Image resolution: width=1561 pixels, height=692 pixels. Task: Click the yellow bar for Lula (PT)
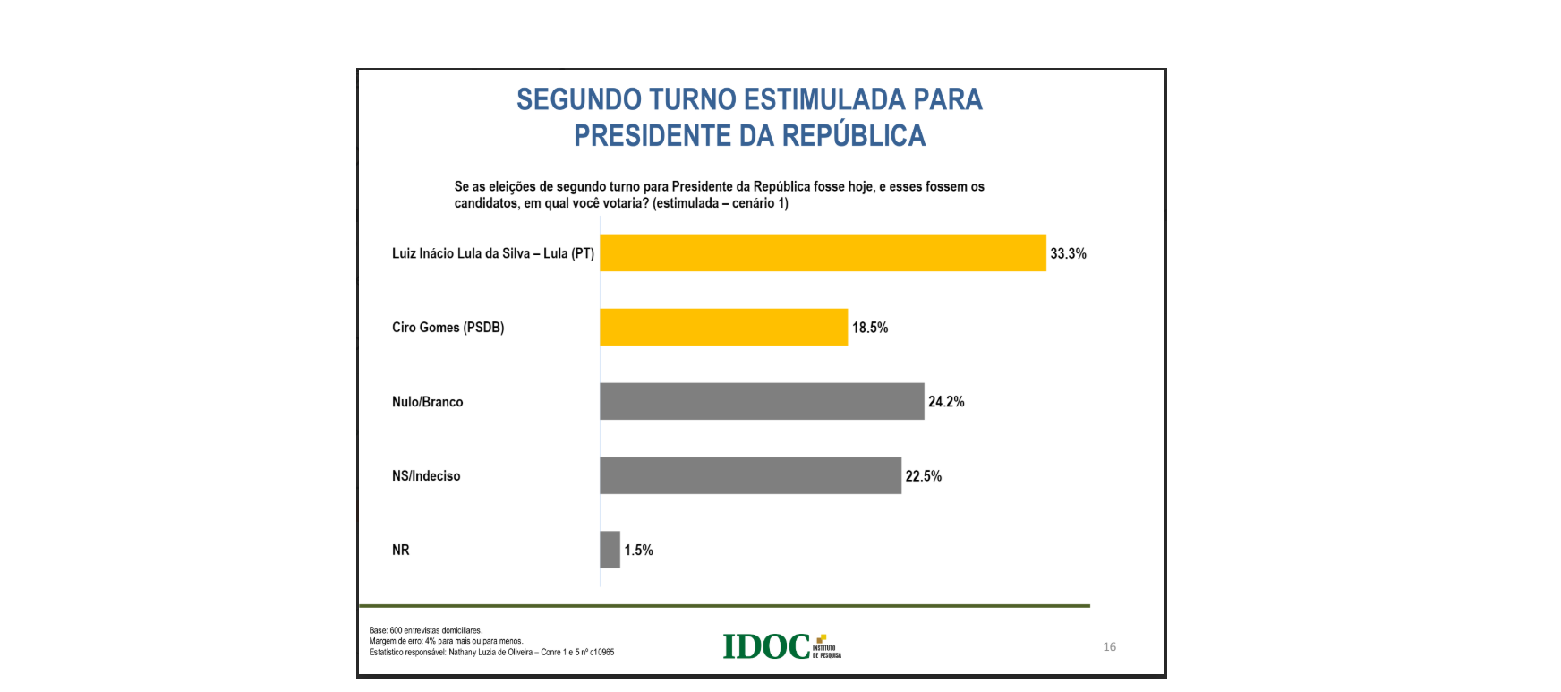point(822,252)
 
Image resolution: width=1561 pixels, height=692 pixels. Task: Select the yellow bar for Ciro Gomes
point(723,327)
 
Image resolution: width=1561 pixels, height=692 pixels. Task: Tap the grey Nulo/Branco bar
point(761,401)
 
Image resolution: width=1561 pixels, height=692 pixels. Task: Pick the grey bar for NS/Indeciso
point(750,475)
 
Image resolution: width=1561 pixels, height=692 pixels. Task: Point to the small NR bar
point(610,550)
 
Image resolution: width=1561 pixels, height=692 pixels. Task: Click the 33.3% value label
point(1068,253)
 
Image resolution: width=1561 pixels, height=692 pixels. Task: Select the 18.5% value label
point(870,328)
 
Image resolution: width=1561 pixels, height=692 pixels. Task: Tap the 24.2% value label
point(946,402)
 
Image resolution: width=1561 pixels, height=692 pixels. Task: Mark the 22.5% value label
point(923,476)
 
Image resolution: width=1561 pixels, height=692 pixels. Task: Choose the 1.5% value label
point(638,551)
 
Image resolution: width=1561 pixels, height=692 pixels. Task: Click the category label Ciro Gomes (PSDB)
point(448,328)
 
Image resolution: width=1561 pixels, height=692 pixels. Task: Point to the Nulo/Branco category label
point(427,402)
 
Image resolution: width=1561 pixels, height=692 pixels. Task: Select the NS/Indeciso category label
point(426,476)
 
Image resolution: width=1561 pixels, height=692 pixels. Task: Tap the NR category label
point(400,551)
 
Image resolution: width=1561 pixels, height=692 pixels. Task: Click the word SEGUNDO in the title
point(579,99)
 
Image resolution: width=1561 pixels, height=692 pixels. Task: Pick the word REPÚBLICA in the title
point(854,136)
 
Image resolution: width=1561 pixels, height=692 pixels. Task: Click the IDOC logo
point(780,646)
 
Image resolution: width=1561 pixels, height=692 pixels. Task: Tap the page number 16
point(1109,646)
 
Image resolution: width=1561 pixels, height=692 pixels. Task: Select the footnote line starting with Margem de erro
point(446,641)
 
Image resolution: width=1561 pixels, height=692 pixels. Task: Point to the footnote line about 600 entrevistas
point(425,630)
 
